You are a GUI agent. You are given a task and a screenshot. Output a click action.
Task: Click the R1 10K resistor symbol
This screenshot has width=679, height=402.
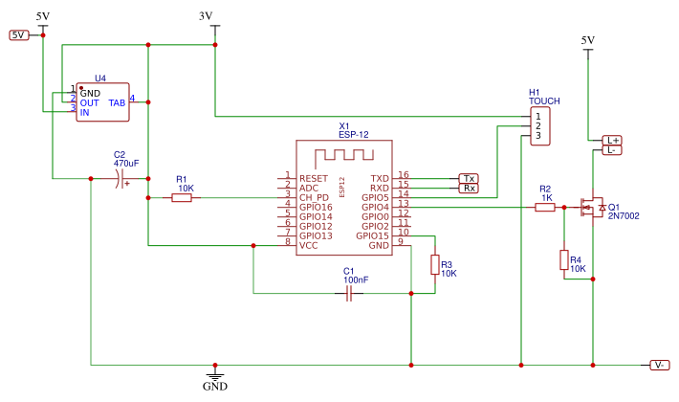(x=182, y=198)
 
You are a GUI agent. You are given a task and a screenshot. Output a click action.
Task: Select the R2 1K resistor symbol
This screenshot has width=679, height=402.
(x=545, y=207)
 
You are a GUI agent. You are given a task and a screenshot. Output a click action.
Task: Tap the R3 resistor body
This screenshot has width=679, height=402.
(x=435, y=265)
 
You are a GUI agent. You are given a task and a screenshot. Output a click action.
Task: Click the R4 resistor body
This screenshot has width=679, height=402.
(x=564, y=260)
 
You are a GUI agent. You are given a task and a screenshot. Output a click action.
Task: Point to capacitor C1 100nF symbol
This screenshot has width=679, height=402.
(x=349, y=294)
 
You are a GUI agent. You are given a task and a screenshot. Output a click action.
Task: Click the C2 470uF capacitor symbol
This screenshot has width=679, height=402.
(x=120, y=179)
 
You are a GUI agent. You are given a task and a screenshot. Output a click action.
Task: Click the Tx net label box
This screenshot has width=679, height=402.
(x=469, y=179)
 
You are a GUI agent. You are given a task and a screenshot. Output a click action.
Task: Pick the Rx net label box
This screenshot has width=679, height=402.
(x=469, y=189)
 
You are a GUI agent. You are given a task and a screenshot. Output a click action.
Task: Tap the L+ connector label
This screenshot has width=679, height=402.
(x=613, y=140)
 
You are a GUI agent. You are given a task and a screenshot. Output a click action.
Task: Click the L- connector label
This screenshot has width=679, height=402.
(x=613, y=150)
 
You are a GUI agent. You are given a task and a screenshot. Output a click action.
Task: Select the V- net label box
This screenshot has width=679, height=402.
(x=660, y=366)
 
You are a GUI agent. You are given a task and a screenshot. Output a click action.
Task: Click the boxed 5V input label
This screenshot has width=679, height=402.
(x=19, y=35)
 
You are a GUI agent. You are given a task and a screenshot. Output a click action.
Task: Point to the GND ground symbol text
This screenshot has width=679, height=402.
(x=215, y=388)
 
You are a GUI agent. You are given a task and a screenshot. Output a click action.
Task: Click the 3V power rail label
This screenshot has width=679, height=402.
(x=206, y=16)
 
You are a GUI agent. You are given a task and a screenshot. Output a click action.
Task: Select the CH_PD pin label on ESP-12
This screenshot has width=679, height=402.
(x=316, y=198)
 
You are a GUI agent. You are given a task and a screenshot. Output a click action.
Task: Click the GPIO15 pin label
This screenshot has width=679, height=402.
(x=372, y=236)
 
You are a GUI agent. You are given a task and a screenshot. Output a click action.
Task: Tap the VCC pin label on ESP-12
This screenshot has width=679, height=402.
(x=308, y=246)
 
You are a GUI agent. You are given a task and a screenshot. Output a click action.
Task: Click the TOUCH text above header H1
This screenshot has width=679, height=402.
(x=545, y=100)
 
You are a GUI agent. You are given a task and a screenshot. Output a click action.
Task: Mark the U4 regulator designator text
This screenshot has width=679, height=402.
(x=100, y=78)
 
